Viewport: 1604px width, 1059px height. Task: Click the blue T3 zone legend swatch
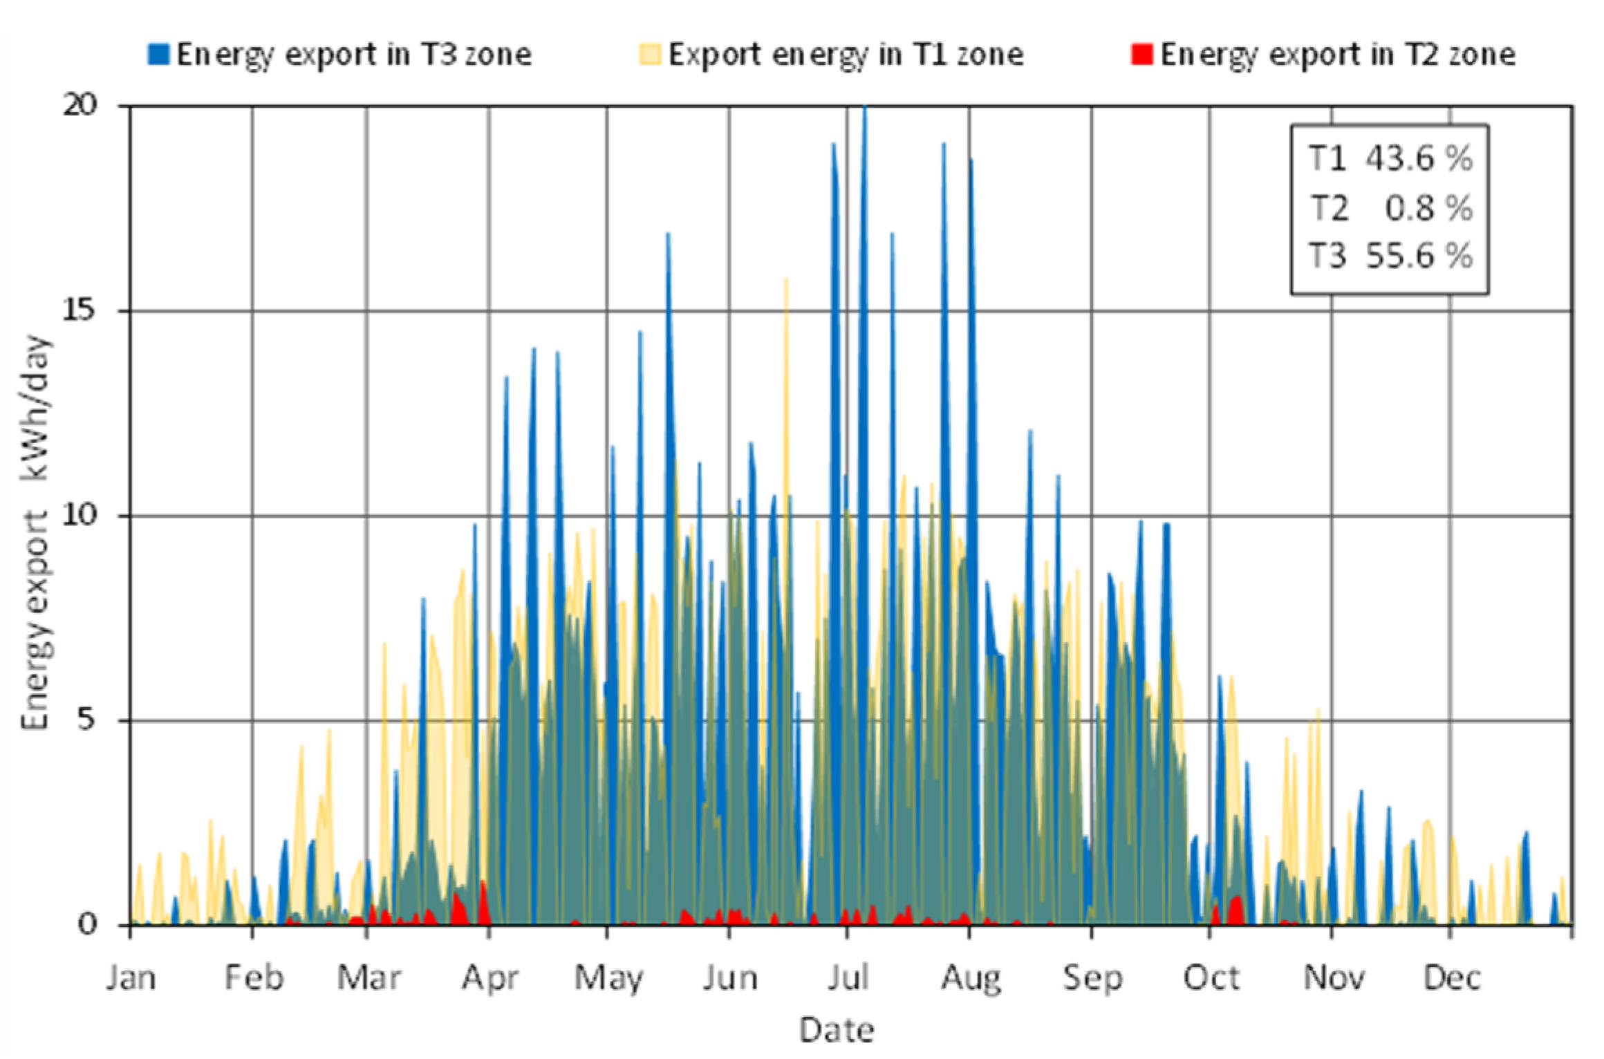click(158, 55)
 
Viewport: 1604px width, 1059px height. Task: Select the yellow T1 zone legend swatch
click(650, 55)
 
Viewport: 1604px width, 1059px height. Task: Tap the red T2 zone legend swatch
click(1141, 55)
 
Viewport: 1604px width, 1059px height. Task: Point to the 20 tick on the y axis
click(80, 105)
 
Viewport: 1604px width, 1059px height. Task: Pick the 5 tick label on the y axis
click(85, 720)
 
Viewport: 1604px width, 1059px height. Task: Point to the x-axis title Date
click(836, 1031)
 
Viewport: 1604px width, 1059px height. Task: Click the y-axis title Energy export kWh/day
click(36, 532)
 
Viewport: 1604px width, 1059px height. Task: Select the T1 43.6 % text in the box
click(1390, 159)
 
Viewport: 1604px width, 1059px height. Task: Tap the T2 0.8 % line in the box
click(1390, 208)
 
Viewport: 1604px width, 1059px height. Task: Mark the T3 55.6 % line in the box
click(1390, 256)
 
